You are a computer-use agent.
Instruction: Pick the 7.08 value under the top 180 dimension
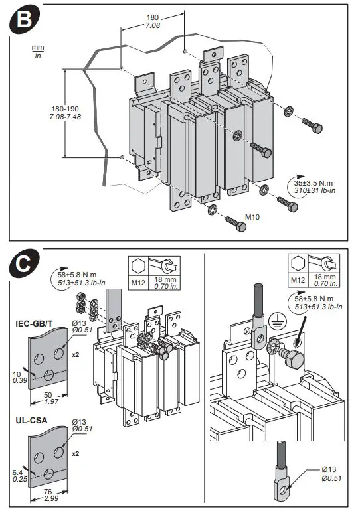153,25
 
